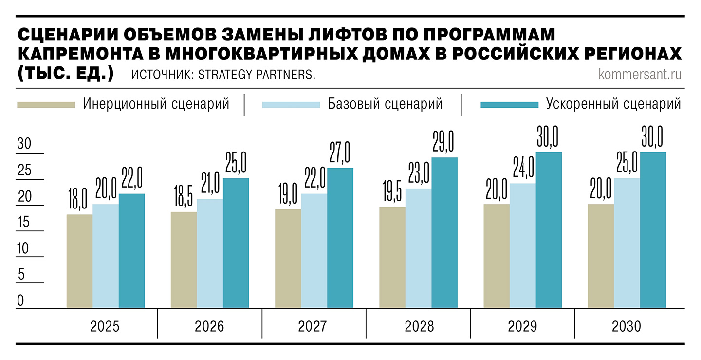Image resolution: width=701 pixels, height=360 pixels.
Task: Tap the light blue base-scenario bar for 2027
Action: pos(314,250)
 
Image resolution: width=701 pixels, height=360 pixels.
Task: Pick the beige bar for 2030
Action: pos(601,256)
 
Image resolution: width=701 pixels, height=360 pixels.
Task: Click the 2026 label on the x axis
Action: pos(209,326)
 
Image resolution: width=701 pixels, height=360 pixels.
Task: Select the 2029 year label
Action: pos(522,326)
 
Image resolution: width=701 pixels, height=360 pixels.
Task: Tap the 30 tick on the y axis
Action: pos(24,144)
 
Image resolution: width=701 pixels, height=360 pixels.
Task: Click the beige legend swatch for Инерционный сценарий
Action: pos(46,104)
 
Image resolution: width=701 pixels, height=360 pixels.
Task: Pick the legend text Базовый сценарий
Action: pos(385,104)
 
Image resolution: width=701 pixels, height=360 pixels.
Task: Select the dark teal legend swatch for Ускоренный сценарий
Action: pos(509,104)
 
